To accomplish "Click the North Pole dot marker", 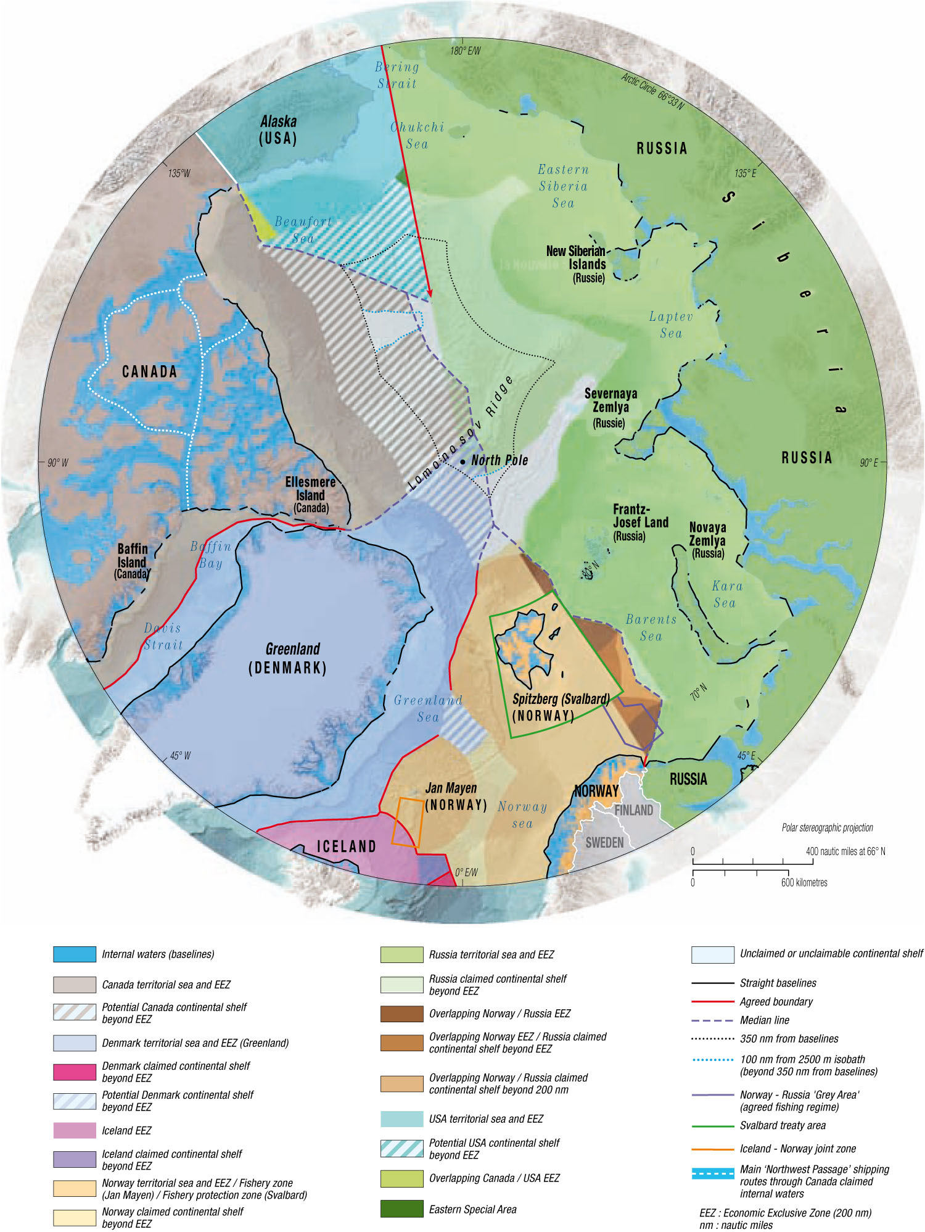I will (x=462, y=461).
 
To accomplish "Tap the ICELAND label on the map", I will (x=346, y=846).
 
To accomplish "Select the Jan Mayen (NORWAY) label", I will (x=455, y=796).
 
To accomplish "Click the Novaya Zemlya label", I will (x=707, y=540).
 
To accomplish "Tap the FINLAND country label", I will (x=633, y=810).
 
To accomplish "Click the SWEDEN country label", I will (x=604, y=843).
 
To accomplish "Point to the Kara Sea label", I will (x=726, y=594).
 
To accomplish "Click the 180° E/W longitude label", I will (x=465, y=51).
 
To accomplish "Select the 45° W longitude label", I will (x=180, y=756).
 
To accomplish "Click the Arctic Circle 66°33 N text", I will (x=652, y=91).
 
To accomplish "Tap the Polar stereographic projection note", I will (x=827, y=827).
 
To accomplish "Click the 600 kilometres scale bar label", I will (x=804, y=882).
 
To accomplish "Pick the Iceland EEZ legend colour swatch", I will (x=75, y=1130).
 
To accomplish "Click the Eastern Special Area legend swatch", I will (x=401, y=1209).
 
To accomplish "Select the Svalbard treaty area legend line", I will (x=712, y=1126).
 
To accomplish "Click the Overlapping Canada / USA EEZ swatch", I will (x=401, y=1178).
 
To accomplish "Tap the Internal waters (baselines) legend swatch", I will (x=75, y=954).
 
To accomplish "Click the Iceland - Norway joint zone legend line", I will (x=712, y=1149).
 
